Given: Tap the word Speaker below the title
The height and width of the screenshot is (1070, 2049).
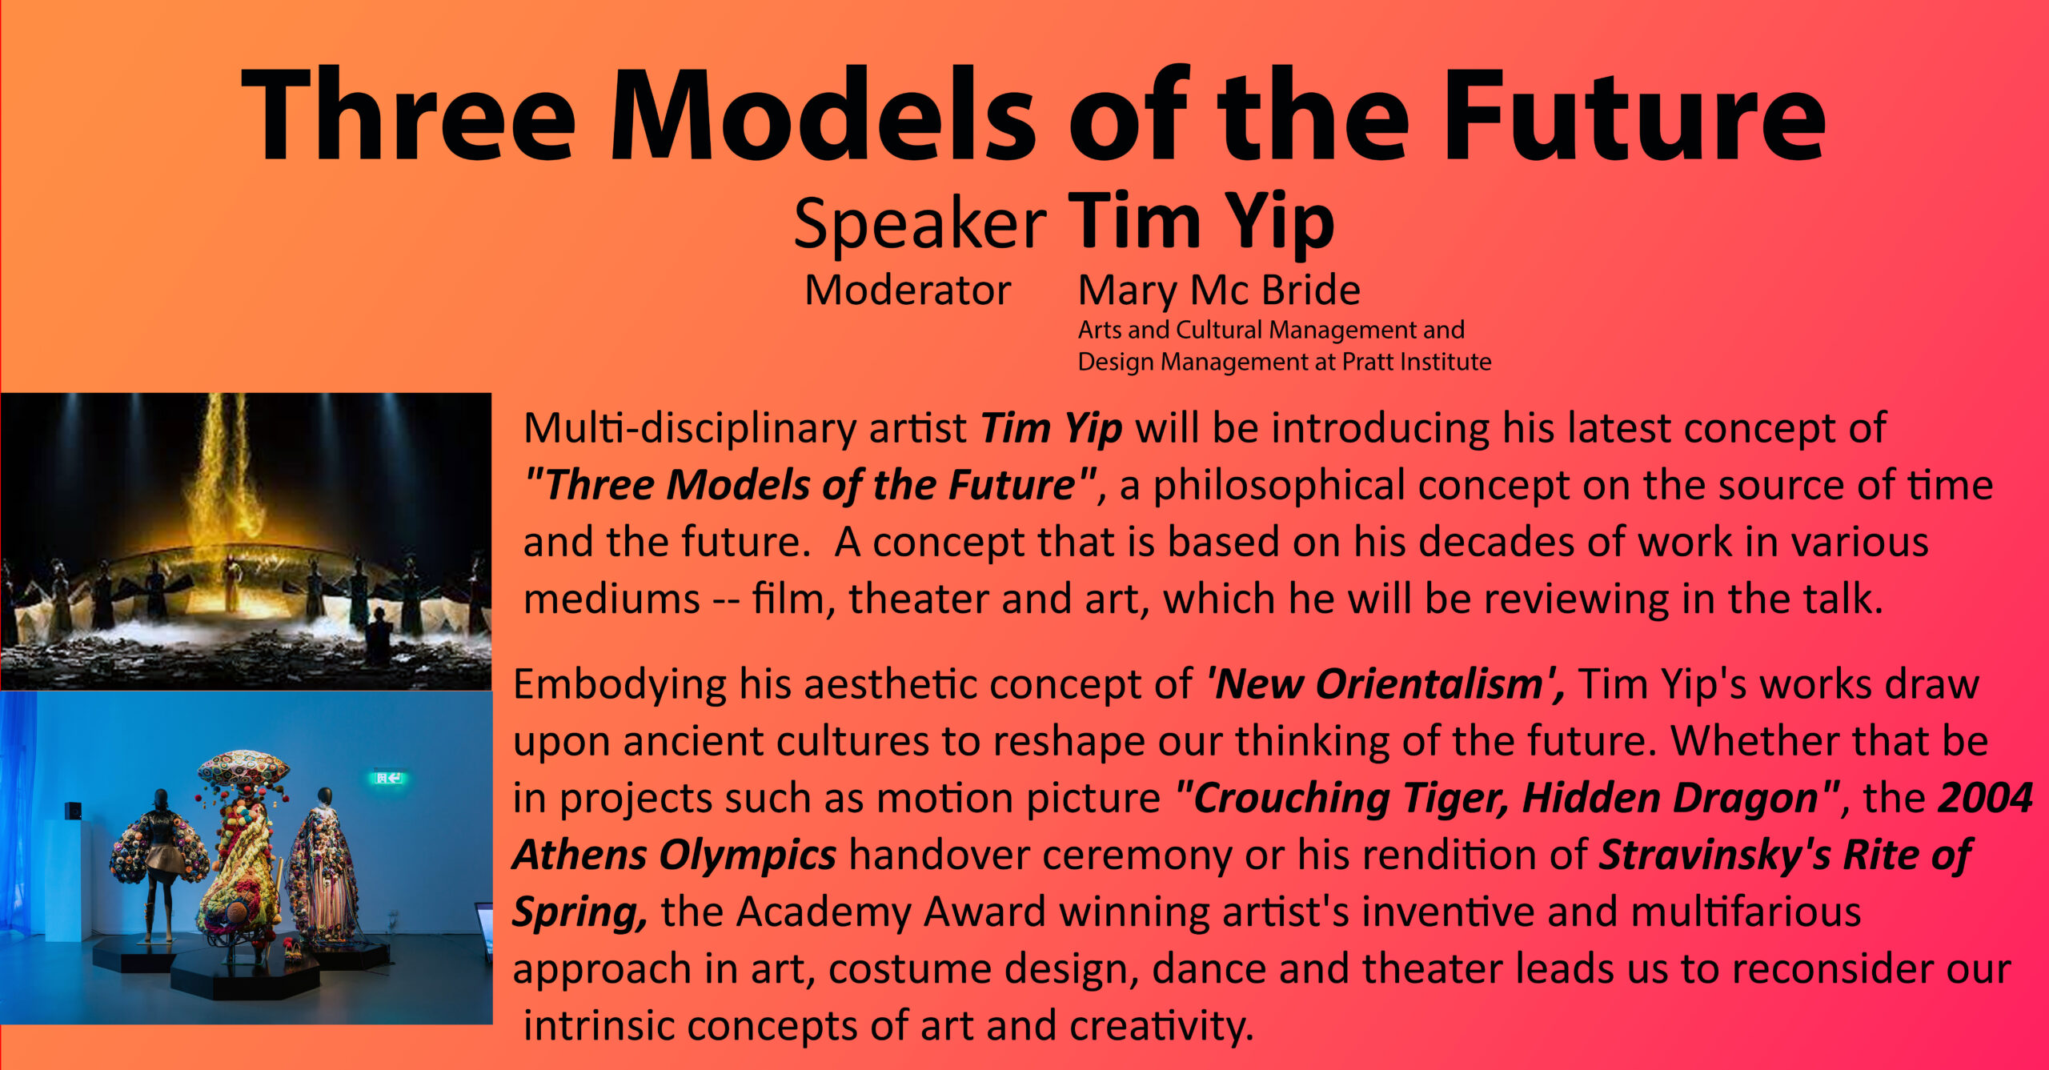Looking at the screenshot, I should coord(920,224).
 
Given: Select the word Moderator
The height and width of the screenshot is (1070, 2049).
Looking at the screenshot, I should coord(908,290).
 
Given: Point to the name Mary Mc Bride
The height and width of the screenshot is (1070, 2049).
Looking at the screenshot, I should coord(1218,290).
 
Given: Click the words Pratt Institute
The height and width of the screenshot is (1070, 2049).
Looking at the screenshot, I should coord(1416,362).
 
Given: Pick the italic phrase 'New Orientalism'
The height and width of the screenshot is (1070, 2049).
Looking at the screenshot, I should coord(1385,684).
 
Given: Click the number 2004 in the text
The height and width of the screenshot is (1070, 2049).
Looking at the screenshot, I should coord(1985,798).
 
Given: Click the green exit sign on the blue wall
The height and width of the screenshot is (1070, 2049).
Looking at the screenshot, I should coord(389,777).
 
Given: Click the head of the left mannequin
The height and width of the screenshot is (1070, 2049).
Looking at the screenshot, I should coord(161,800).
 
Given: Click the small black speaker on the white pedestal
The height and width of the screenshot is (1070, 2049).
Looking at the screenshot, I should coord(73,811).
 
